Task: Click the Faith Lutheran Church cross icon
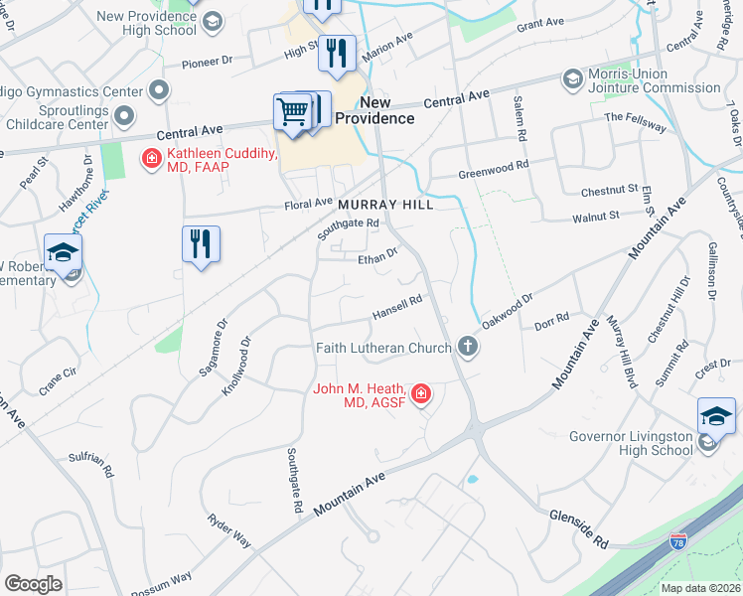point(467,347)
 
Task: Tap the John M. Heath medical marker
point(421,395)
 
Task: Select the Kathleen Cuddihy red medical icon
point(151,158)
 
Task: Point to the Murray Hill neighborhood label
point(386,204)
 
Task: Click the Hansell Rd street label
point(397,307)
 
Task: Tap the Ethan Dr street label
point(377,256)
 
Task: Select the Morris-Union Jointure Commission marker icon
point(571,78)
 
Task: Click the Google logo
point(33,584)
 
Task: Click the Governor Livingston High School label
point(631,443)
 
